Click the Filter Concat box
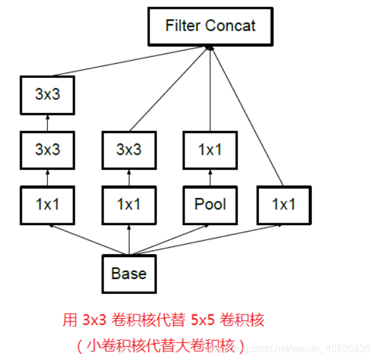coord(210,27)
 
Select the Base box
coord(129,273)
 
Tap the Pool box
coord(210,204)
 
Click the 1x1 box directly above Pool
coord(210,150)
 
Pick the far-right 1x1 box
coord(284,204)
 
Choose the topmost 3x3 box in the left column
coord(47,95)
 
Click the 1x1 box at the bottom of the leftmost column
coord(47,204)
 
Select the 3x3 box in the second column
coord(129,150)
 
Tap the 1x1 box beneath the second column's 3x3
coord(129,204)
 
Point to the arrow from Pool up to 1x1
coord(210,178)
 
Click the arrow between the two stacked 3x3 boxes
coord(47,123)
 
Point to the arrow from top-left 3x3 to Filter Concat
coord(125,63)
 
